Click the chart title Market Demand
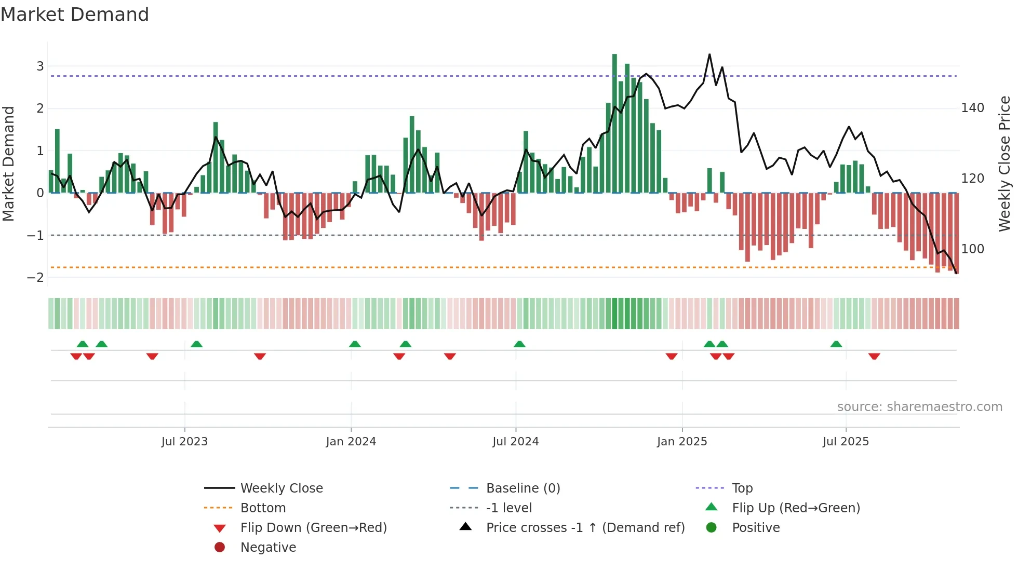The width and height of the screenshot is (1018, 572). pyautogui.click(x=75, y=15)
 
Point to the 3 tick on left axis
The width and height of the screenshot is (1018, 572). pyautogui.click(x=40, y=66)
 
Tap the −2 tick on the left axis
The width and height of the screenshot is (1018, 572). pyautogui.click(x=35, y=277)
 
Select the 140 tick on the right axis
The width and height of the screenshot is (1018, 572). pyautogui.click(x=972, y=108)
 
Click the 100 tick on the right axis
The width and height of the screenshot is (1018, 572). pyautogui.click(x=972, y=249)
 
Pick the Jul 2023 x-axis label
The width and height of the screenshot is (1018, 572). pyautogui.click(x=184, y=442)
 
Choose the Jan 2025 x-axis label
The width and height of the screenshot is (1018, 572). pyautogui.click(x=681, y=442)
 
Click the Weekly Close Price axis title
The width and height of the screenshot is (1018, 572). pyautogui.click(x=1004, y=164)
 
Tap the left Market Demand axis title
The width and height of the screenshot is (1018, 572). pyautogui.click(x=8, y=164)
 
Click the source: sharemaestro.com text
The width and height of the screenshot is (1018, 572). pyautogui.click(x=919, y=407)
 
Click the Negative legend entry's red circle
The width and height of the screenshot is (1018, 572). pyautogui.click(x=220, y=548)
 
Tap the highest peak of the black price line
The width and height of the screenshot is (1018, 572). pyautogui.click(x=709, y=55)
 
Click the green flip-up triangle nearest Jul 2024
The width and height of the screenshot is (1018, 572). pyautogui.click(x=519, y=344)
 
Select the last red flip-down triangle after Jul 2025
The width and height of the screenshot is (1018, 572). pyautogui.click(x=874, y=356)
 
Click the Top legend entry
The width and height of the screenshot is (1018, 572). pyautogui.click(x=742, y=488)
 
